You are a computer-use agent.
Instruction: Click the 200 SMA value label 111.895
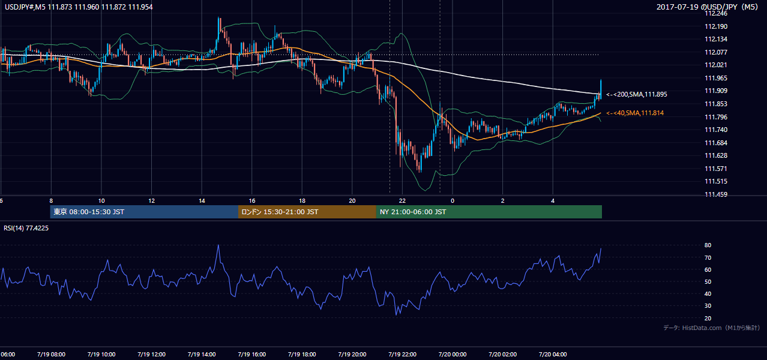637,94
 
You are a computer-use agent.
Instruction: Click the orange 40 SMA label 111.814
635,113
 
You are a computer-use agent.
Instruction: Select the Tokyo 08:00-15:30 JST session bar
144,212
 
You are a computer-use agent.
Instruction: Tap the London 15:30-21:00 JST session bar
307,212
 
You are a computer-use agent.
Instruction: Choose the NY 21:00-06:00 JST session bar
489,212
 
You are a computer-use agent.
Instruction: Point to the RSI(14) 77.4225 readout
26,228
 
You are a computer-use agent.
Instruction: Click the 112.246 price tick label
716,14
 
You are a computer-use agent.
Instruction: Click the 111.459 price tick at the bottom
716,194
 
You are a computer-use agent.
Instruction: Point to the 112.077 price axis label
716,52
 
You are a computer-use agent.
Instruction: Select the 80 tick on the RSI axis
708,245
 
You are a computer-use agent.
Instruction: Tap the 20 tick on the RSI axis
708,318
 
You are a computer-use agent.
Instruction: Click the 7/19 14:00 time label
202,355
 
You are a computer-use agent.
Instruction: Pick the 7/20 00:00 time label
453,355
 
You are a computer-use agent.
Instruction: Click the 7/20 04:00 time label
553,355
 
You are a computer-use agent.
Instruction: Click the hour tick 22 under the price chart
402,201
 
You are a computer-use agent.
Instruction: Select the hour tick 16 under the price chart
251,201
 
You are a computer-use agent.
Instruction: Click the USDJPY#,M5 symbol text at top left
25,7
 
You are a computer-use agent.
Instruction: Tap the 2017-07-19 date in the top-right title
678,7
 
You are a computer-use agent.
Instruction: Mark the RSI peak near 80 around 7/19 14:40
218,245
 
